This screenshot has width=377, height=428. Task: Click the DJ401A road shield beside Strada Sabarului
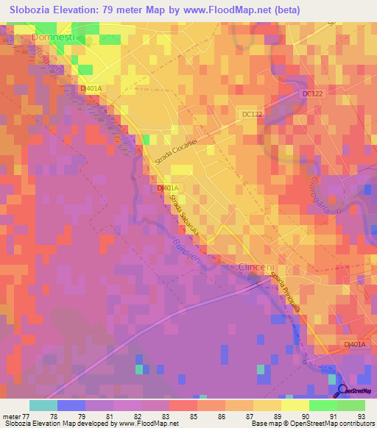coord(168,188)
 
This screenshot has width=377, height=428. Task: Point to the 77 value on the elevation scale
coord(25,416)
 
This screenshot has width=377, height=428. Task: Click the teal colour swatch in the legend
coord(43,405)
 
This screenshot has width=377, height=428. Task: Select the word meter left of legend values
coord(11,416)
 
